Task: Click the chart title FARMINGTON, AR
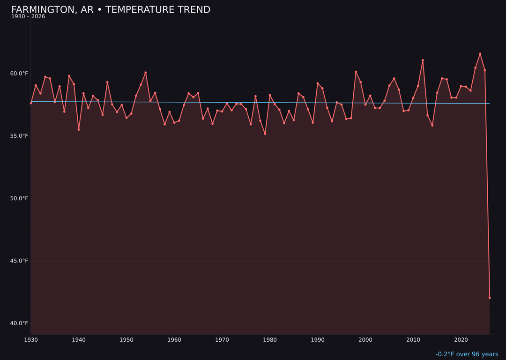tap(111, 10)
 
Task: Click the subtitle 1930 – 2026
tap(28, 16)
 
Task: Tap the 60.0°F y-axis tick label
tap(20, 74)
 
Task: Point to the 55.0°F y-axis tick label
tap(20, 136)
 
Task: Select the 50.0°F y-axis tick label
tap(20, 198)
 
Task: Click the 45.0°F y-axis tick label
tap(20, 261)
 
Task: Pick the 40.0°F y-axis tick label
tap(20, 323)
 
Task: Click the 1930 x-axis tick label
tap(31, 340)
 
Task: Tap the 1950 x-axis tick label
tap(126, 340)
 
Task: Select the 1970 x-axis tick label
tap(222, 340)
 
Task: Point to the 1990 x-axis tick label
tap(318, 340)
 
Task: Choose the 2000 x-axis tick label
tap(365, 340)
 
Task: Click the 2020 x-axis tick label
tap(461, 340)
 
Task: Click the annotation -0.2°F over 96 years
tap(467, 354)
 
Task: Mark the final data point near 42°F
tap(490, 298)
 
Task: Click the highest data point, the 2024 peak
tap(480, 54)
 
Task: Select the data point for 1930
tap(31, 103)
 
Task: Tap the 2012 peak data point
tap(423, 60)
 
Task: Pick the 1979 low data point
tap(265, 134)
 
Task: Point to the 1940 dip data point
tap(79, 129)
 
